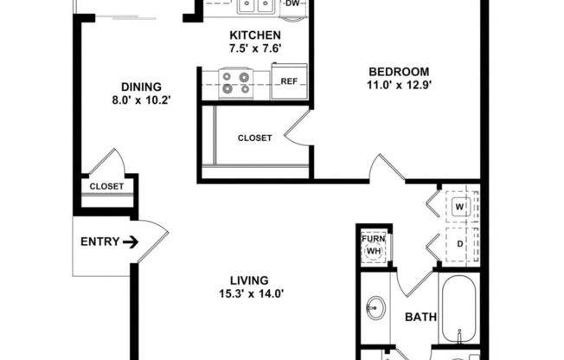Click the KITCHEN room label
[x=254, y=35]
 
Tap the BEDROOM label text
[x=398, y=71]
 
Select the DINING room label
[x=141, y=86]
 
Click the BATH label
[x=420, y=318]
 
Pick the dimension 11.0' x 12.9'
[x=398, y=85]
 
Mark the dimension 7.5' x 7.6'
[x=254, y=48]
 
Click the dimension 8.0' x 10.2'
[x=141, y=100]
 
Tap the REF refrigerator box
[x=288, y=81]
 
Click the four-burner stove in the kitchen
[x=235, y=81]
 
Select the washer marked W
[x=460, y=208]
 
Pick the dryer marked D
[x=460, y=244]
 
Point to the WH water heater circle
[x=374, y=251]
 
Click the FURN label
[x=374, y=235]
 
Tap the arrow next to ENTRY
[x=130, y=242]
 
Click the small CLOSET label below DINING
[x=106, y=186]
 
